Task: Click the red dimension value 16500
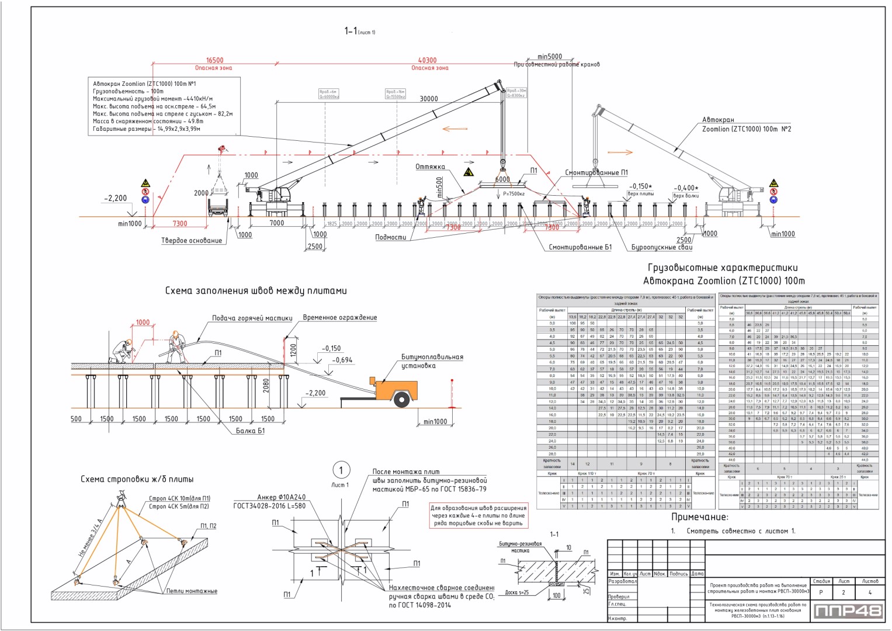point(214,60)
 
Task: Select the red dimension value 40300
point(427,60)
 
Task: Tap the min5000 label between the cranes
point(549,57)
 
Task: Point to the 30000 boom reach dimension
point(429,99)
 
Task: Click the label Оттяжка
point(430,167)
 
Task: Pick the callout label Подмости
point(390,237)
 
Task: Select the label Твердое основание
point(192,241)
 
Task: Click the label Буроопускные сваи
point(662,248)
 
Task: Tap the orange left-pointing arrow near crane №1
point(455,129)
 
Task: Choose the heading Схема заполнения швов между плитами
point(256,290)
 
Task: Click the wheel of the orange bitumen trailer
point(401,400)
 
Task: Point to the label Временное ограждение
point(339,318)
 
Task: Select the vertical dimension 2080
point(266,385)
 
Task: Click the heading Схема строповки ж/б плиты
point(137,479)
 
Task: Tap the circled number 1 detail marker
point(341,470)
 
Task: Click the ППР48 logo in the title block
point(848,611)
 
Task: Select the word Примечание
point(699,517)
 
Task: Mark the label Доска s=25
point(517,592)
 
